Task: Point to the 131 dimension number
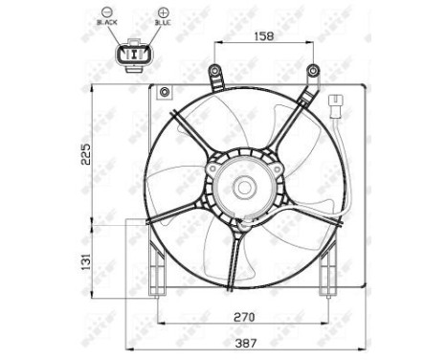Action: coord(86,259)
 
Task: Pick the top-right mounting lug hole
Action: coord(312,69)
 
